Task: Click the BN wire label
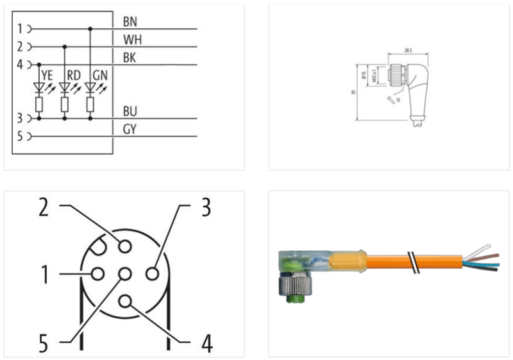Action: coord(129,21)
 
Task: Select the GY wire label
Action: coord(129,130)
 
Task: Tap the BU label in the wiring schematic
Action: coord(129,112)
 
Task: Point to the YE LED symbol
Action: coord(39,87)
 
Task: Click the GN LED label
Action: coord(100,75)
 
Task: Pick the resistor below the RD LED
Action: coord(64,105)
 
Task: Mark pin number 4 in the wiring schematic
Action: coord(20,64)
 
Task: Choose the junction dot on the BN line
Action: coord(90,29)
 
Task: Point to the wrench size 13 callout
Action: coord(397,100)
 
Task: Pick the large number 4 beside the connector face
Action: coord(206,343)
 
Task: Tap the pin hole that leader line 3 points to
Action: coord(151,274)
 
